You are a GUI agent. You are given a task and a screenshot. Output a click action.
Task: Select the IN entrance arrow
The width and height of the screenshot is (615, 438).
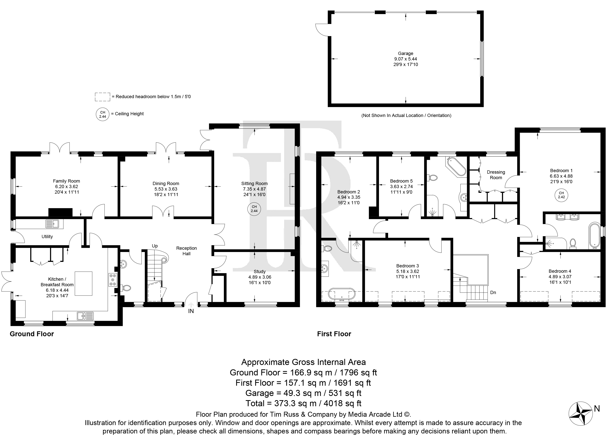[191, 305]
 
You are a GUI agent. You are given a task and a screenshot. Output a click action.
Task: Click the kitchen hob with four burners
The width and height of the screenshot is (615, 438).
[113, 280]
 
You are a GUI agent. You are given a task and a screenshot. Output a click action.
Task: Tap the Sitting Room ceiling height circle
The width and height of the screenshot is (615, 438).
[254, 209]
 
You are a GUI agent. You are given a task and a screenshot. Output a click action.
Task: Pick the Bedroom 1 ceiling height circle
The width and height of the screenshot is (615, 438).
[561, 195]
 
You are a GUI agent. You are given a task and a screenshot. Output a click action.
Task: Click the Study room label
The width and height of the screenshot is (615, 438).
[260, 272]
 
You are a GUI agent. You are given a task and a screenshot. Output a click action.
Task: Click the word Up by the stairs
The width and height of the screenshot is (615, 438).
[155, 246]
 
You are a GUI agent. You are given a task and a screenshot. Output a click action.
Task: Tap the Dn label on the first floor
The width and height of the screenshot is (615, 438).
[493, 292]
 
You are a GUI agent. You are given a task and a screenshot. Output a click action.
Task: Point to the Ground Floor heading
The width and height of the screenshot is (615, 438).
[32, 334]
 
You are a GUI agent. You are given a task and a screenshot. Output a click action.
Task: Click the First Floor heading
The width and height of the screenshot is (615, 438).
[334, 334]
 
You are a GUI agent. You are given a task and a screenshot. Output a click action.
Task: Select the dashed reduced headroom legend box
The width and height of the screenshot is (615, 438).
[103, 97]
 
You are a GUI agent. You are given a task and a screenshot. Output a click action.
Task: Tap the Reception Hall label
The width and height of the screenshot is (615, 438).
[187, 251]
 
